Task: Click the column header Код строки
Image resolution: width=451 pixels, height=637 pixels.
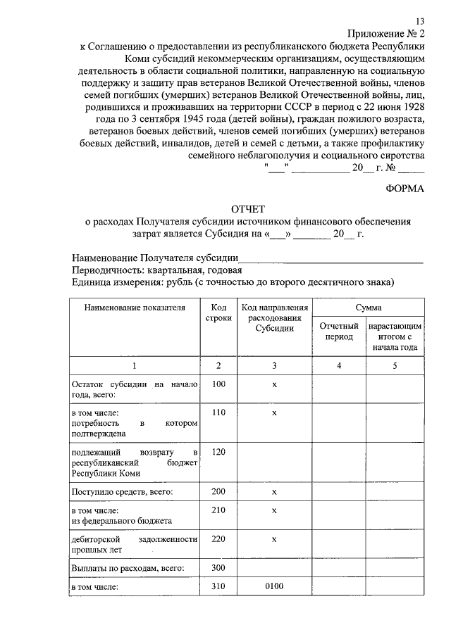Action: (218, 313)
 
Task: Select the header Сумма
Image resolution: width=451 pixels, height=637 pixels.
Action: (369, 308)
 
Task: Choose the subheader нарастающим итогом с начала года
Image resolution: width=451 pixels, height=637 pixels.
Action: (395, 336)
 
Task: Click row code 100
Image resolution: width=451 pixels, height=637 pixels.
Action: (218, 384)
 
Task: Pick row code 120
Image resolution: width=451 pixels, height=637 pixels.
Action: (218, 451)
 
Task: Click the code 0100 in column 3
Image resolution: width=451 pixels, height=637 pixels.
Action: (274, 585)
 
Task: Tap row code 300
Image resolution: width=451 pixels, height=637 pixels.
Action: (218, 567)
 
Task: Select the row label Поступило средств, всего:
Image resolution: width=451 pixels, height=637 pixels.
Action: (123, 491)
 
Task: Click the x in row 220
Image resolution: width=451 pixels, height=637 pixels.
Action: (274, 538)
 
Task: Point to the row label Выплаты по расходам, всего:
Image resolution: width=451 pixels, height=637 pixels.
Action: (128, 568)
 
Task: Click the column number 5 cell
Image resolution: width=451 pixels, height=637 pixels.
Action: (395, 366)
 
